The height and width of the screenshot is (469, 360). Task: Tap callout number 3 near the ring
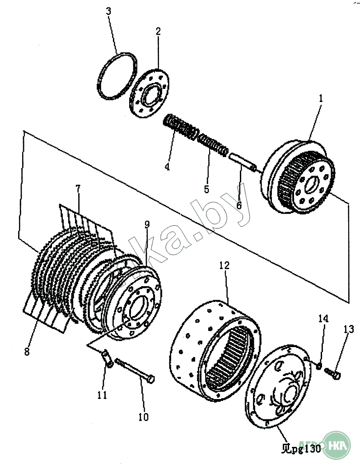pos(108,11)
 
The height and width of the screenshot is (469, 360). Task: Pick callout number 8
pos(27,351)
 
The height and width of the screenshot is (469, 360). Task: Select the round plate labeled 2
pos(149,93)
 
